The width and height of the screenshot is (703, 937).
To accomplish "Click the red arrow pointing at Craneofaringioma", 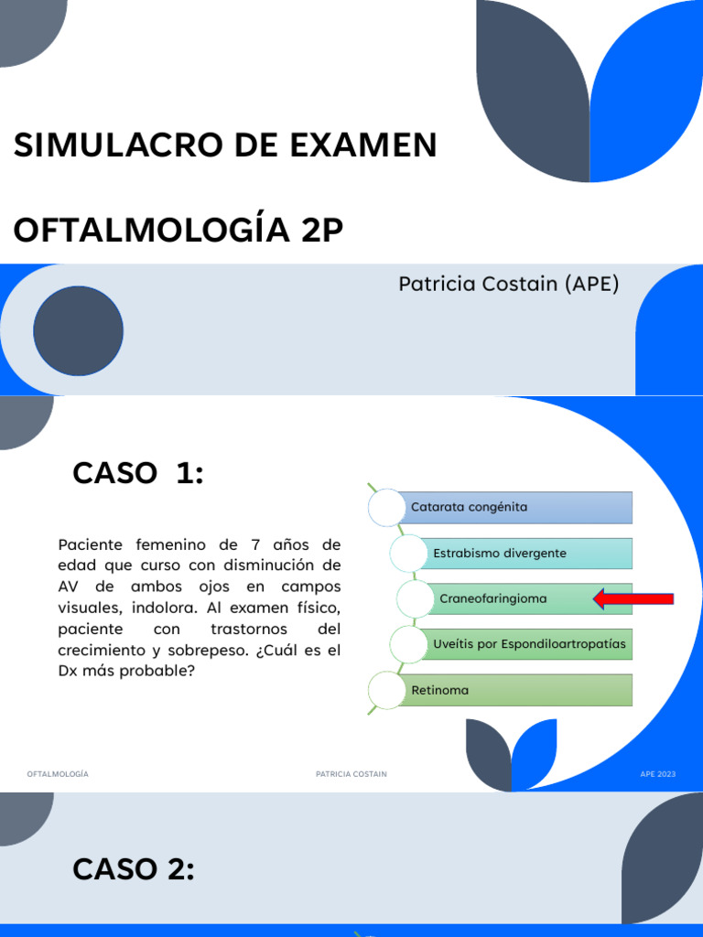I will (x=633, y=599).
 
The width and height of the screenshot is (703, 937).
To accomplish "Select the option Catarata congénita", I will (x=469, y=507).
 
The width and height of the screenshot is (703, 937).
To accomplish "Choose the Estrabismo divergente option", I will (x=500, y=554).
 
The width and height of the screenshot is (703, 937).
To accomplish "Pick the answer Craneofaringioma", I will (x=492, y=599).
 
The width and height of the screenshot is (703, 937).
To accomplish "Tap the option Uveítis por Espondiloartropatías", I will (x=529, y=644).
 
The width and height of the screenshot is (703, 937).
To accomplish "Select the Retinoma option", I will (x=440, y=690).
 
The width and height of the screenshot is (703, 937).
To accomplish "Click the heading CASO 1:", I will (x=137, y=473).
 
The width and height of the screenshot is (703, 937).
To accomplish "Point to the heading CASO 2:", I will (x=134, y=868).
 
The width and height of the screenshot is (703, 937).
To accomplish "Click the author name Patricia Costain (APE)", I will (x=509, y=284).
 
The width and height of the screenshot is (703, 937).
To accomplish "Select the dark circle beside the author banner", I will (x=79, y=330).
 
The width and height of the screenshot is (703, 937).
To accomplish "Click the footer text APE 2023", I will (x=658, y=774).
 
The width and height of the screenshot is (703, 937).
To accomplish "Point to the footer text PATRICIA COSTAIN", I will (x=351, y=774).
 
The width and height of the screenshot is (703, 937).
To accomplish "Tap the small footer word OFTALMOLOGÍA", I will (x=58, y=774).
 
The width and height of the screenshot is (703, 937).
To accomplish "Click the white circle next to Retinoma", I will (x=386, y=690).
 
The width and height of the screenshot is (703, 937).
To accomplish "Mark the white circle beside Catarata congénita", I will (x=386, y=507).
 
